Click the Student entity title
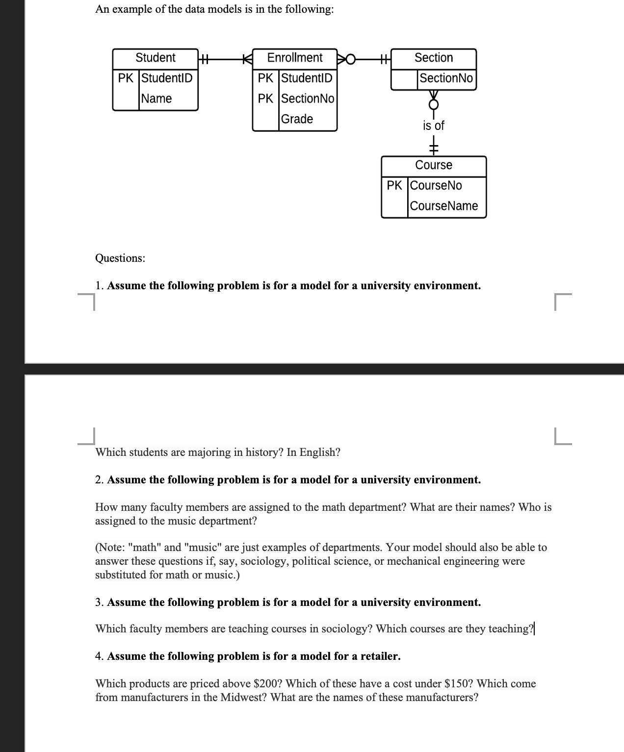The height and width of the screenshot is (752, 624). (x=155, y=58)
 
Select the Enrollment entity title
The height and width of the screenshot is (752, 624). (x=294, y=58)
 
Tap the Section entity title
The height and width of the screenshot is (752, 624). (x=434, y=58)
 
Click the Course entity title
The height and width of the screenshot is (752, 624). (x=434, y=165)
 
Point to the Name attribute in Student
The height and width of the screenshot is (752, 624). (x=156, y=99)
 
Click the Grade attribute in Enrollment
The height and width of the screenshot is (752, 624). (x=297, y=119)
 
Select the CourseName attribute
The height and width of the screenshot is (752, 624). (x=443, y=206)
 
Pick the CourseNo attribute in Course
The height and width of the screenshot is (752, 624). (x=436, y=186)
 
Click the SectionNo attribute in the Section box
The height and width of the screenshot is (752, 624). (x=446, y=78)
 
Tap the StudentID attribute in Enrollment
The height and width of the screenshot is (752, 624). (x=307, y=78)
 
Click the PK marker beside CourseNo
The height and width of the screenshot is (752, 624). (x=394, y=186)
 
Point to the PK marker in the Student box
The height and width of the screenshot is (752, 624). (x=126, y=78)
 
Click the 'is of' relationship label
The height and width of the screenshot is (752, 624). (x=433, y=126)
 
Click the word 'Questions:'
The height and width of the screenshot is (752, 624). (x=120, y=258)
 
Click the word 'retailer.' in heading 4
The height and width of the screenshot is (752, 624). (x=380, y=656)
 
